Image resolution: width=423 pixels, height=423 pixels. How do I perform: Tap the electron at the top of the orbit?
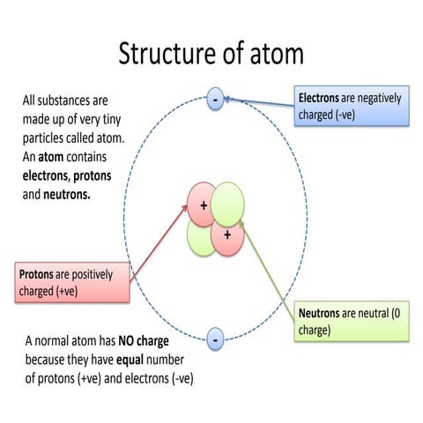[x=214, y=100]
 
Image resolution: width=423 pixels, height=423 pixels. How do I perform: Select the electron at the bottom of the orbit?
[x=215, y=338]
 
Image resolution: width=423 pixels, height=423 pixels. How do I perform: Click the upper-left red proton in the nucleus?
[x=202, y=205]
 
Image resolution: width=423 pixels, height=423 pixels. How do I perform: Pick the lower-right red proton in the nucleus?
[x=227, y=235]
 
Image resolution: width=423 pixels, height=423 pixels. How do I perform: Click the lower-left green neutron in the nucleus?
[x=201, y=236]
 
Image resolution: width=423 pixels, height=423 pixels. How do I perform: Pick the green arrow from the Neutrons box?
[x=269, y=264]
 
